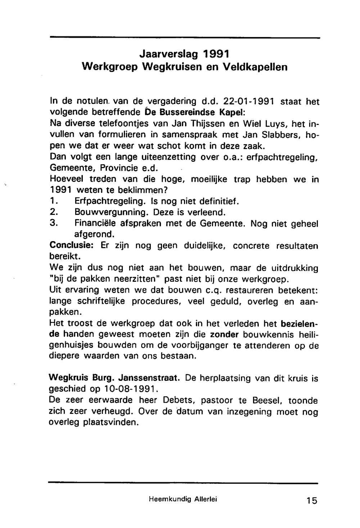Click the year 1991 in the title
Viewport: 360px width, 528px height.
215,54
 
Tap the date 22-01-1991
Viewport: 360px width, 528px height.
249,102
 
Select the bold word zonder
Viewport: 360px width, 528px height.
224,334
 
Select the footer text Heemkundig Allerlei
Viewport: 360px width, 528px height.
183,499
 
